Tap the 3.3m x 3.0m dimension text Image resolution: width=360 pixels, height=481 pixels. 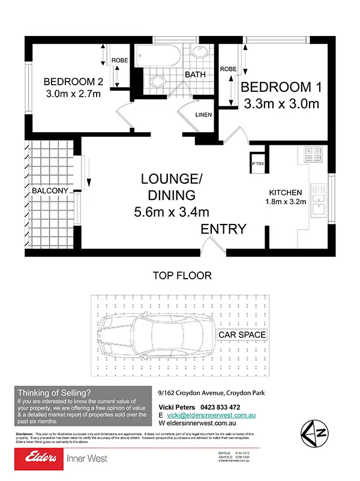click(x=281, y=103)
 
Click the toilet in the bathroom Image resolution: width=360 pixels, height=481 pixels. click(x=157, y=81)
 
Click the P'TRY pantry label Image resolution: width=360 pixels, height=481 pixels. click(x=257, y=162)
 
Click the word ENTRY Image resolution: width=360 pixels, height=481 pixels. click(x=223, y=229)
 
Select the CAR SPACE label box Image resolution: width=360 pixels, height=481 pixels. click(x=242, y=334)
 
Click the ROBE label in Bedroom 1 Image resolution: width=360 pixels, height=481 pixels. click(x=228, y=69)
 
